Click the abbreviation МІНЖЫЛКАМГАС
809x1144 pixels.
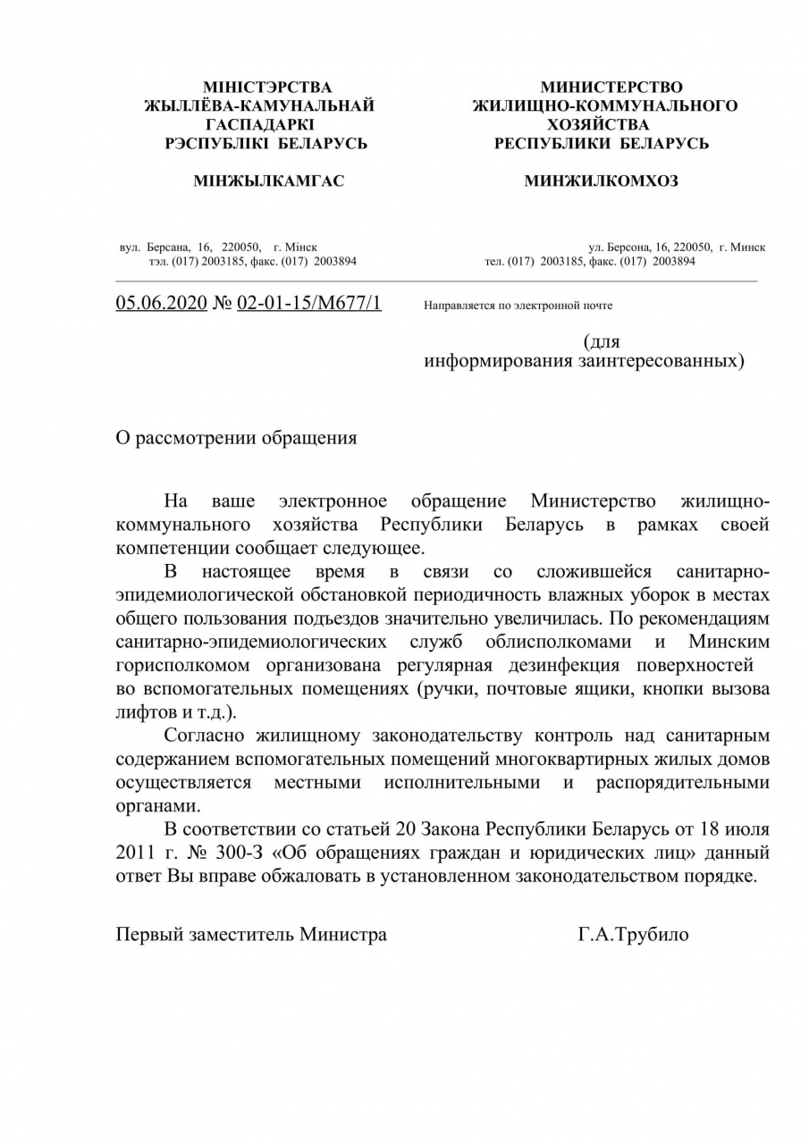[269, 181]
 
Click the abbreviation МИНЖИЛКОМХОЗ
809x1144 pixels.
[601, 181]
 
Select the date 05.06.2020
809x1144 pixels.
[161, 303]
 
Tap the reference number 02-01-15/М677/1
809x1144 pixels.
[308, 303]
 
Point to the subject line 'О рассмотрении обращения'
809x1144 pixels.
[236, 438]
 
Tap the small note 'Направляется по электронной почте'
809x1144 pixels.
[518, 306]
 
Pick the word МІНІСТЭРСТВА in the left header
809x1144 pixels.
[267, 88]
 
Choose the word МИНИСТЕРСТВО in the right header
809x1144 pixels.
[611, 88]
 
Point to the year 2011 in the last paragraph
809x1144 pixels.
[137, 852]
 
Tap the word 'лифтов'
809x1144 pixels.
[142, 713]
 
